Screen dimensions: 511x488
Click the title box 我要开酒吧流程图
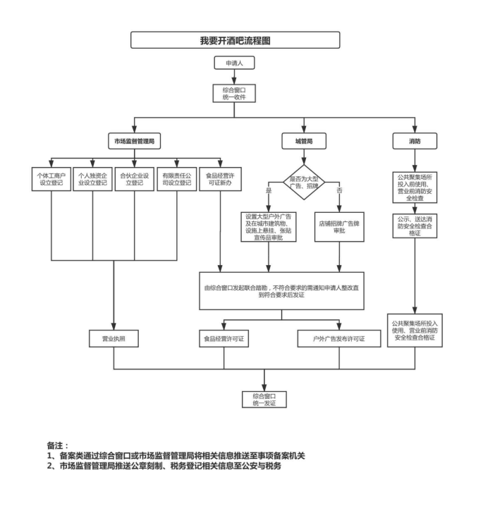point(235,39)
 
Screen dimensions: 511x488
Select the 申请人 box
point(233,62)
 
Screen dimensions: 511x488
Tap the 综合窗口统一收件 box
point(233,93)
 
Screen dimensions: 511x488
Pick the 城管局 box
point(303,142)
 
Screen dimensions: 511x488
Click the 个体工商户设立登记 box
point(52,178)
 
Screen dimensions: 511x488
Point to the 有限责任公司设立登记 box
point(175,178)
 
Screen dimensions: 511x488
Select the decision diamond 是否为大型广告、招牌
point(303,182)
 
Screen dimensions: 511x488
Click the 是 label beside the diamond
point(268,191)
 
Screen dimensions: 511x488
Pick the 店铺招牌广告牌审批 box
point(339,223)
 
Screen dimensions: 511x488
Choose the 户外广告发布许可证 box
point(339,339)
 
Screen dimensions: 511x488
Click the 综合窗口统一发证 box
point(264,398)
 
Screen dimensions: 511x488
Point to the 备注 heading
point(58,445)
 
